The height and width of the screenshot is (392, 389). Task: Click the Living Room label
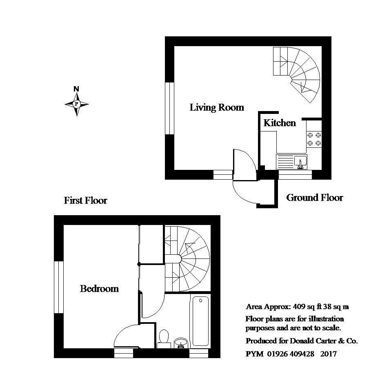[x=217, y=107]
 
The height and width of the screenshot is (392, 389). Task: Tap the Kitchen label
[x=280, y=122]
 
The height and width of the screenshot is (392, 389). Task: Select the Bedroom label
[x=99, y=289]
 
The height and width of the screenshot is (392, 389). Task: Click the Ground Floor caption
[x=314, y=198]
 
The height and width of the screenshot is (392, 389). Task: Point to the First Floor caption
[x=85, y=200]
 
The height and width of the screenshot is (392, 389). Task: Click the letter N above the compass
[x=76, y=89]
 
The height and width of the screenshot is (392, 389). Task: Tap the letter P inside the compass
[x=76, y=104]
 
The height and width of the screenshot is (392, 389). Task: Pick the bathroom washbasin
[x=181, y=343]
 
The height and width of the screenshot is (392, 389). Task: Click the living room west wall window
[x=169, y=108]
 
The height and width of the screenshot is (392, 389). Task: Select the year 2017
[x=329, y=354]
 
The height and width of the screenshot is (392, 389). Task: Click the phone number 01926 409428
[x=291, y=354]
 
